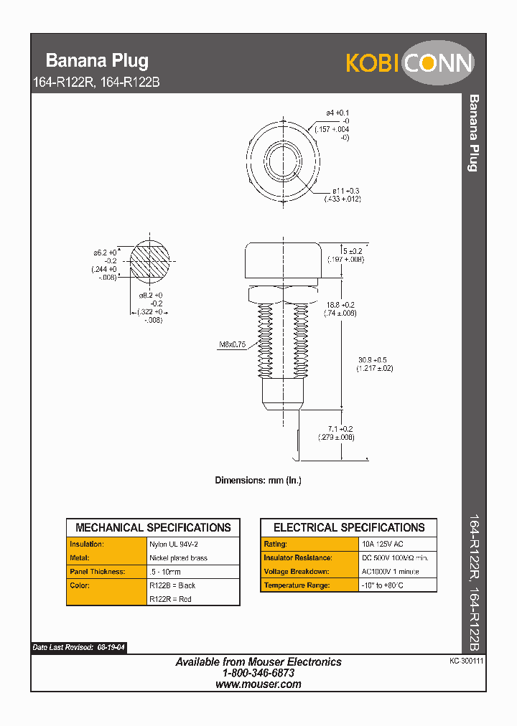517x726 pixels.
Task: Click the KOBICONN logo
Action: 409,62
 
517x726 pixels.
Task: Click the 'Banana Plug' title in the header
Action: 97,60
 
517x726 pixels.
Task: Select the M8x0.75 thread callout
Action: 232,344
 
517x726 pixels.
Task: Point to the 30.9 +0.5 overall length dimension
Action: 375,364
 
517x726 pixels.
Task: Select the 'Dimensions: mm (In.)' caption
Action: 258,480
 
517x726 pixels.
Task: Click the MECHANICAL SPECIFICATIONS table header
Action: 153,527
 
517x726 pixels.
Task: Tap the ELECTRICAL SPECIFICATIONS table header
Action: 349,527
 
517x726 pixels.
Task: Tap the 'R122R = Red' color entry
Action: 170,599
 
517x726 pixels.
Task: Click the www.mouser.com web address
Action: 258,684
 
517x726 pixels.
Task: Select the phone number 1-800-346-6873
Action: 258,673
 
